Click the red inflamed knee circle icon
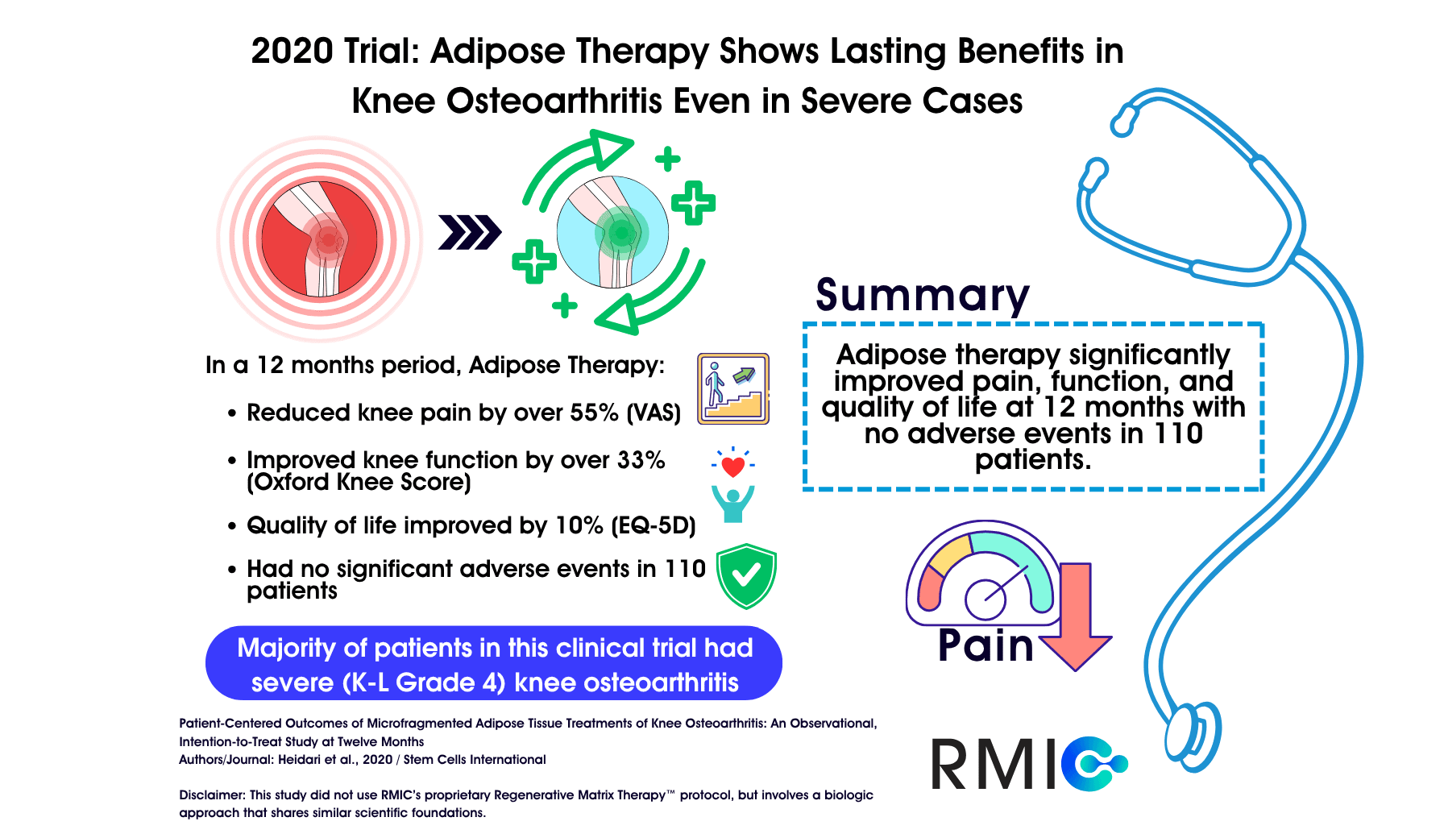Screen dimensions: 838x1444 [x=320, y=239]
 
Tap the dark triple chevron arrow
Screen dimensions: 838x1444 [x=469, y=233]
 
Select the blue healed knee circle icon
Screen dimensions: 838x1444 [x=613, y=232]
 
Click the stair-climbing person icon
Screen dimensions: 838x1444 [x=732, y=388]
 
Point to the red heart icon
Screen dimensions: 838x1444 [x=732, y=466]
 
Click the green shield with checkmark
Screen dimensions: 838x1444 [x=746, y=575]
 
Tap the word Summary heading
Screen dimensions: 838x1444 [x=922, y=296]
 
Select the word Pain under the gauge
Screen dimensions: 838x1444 [x=985, y=646]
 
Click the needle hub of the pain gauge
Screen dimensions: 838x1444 [x=985, y=600]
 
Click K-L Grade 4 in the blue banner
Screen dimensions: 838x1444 [x=424, y=682]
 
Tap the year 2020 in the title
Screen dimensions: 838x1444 [x=291, y=52]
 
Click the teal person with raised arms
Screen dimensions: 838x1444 [x=732, y=504]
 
